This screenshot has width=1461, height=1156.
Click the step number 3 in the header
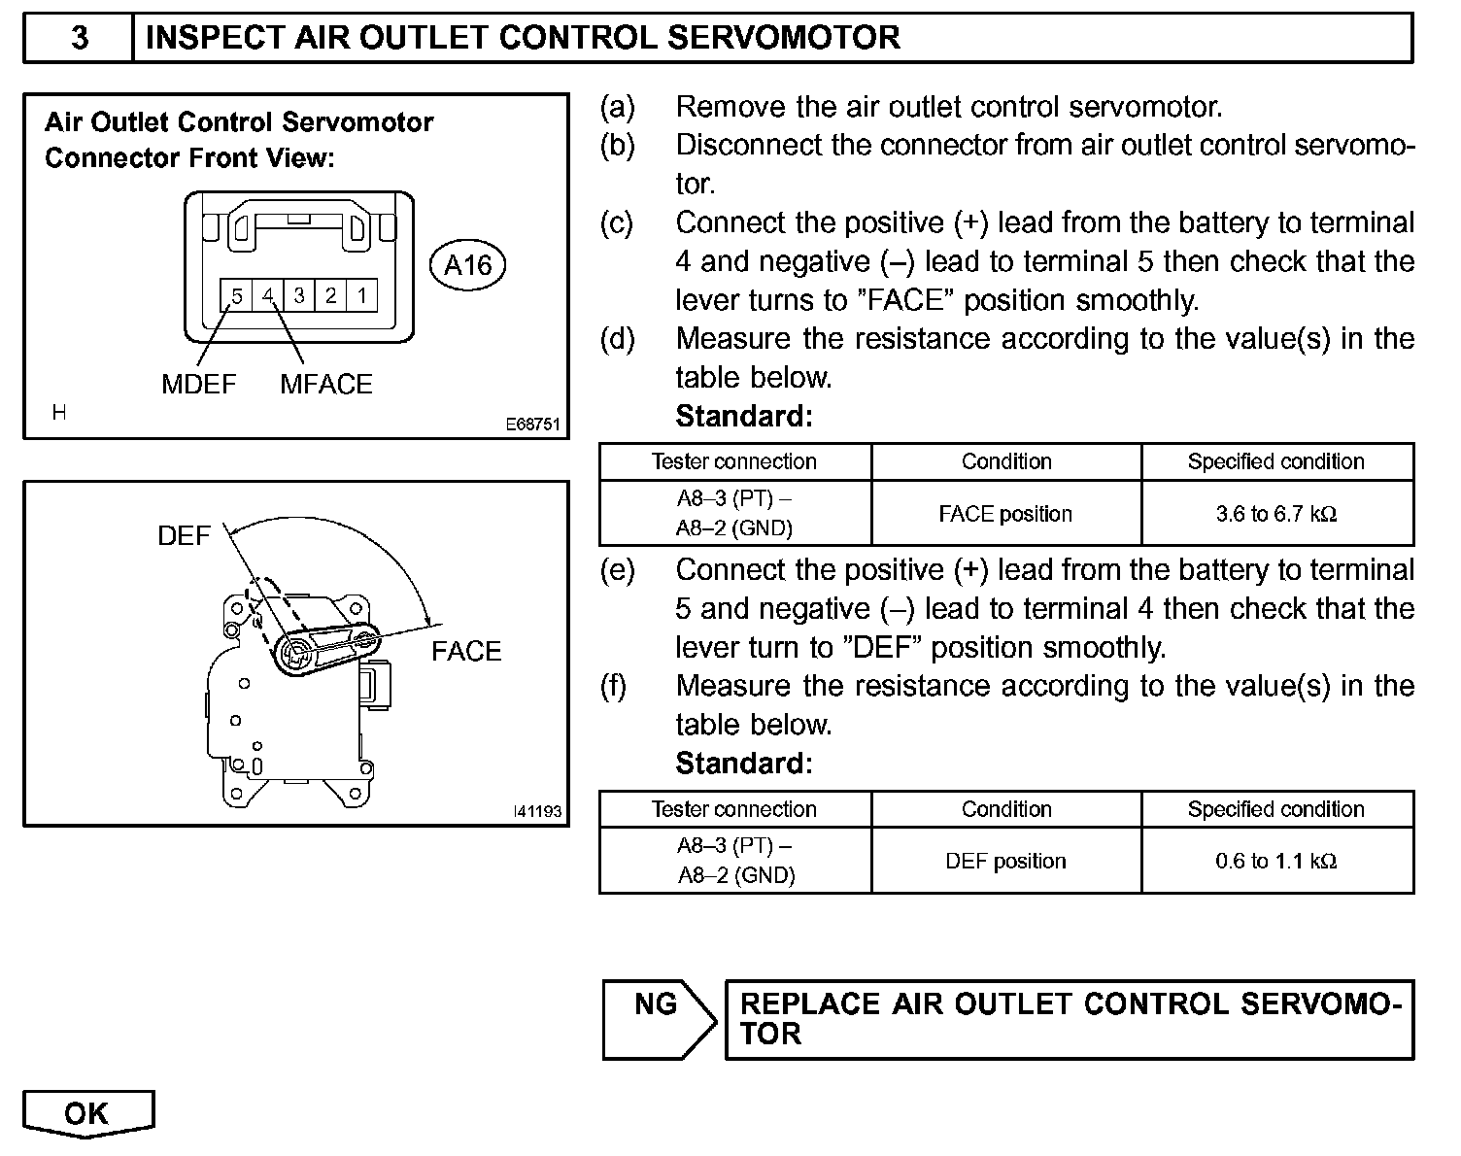80,38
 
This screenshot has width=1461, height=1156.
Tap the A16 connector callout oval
467,265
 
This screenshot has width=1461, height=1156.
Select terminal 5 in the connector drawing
236,295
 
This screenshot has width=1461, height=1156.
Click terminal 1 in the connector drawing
362,295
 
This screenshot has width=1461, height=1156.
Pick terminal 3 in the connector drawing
299,295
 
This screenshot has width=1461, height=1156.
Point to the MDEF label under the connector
199,385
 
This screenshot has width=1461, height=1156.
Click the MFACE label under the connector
326,385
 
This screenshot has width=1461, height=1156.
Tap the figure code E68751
532,425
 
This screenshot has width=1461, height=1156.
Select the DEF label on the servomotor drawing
184,536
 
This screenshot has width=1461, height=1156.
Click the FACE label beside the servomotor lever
466,651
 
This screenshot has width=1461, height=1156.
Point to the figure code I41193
538,811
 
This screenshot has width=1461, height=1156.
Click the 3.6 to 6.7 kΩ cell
1276,514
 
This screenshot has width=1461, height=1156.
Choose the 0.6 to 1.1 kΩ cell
1276,861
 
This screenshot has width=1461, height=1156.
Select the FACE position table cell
1005,514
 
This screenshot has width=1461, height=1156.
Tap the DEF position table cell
1005,861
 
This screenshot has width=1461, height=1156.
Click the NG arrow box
658,1018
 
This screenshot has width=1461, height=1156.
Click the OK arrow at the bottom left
87,1113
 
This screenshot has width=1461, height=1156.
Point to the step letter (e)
618,570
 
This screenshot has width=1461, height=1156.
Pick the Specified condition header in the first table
1276,461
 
